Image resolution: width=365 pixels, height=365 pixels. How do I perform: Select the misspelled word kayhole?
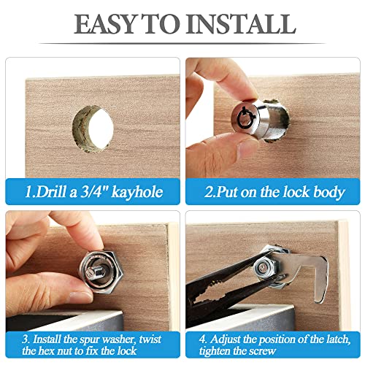coord(135,193)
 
